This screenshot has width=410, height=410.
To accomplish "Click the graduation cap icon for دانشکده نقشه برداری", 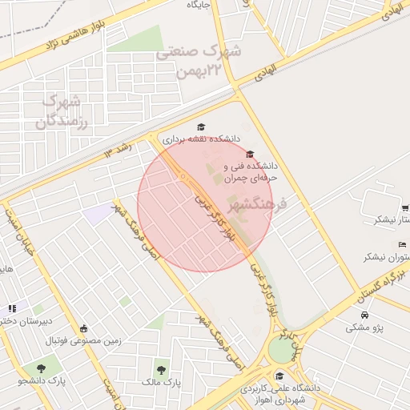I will [x=201, y=127].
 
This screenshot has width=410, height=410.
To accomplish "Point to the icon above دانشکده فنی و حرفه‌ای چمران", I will [x=250, y=155].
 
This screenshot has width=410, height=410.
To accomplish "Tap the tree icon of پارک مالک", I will [x=161, y=370].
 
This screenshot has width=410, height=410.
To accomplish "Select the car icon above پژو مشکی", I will [x=364, y=315].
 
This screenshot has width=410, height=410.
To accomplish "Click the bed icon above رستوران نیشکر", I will [x=401, y=244].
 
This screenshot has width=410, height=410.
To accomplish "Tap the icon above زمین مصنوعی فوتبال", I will [x=83, y=328].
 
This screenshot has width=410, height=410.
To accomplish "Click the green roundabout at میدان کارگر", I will [x=281, y=349].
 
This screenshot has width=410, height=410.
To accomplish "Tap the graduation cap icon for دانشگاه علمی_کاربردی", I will [x=279, y=376].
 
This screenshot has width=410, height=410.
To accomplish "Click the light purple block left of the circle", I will [x=98, y=214].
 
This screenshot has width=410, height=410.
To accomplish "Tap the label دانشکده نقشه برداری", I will [x=201, y=139].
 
